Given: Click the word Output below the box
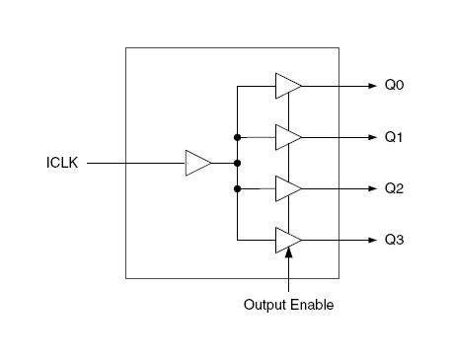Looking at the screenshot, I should (x=265, y=305).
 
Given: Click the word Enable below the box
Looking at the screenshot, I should (x=313, y=305).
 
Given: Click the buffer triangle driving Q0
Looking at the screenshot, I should (x=287, y=86).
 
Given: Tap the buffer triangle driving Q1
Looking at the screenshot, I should (x=287, y=137).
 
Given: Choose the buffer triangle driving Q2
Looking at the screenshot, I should (x=287, y=188).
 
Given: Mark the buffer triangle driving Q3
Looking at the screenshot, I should (x=287, y=240).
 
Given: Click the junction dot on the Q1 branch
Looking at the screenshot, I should (x=238, y=137).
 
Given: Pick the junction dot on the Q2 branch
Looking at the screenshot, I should (x=238, y=188).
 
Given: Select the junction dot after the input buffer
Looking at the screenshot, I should (x=238, y=163).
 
